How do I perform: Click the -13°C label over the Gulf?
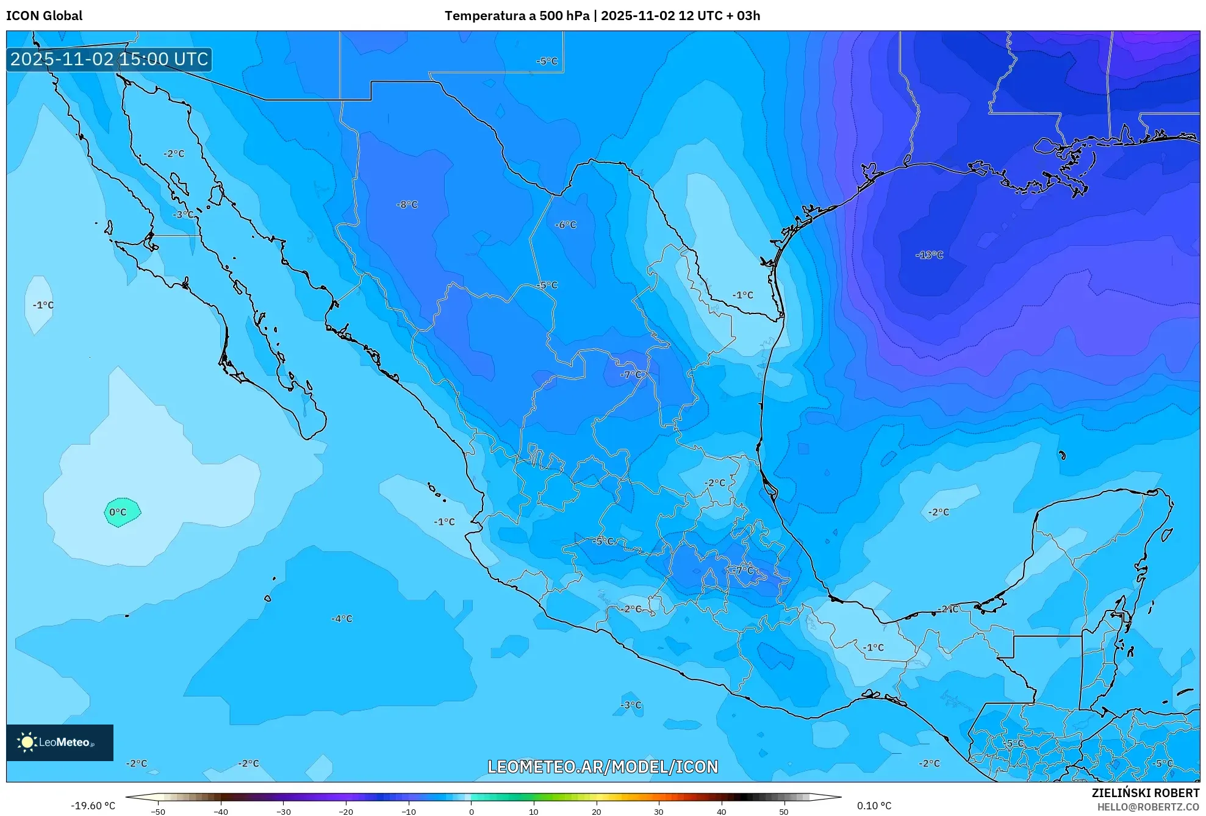pos(929,255)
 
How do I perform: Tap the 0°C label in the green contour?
pos(118,512)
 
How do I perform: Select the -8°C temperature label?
pos(407,205)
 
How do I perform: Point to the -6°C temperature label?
pos(565,225)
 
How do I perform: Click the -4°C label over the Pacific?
pos(342,619)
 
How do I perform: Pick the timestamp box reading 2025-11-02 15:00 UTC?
pos(109,59)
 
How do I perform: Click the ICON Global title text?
pos(44,16)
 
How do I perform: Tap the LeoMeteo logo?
pos(59,742)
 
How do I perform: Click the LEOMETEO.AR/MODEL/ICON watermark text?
pos(603,767)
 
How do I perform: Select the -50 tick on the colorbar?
pos(158,811)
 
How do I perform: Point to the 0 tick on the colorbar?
pos(471,811)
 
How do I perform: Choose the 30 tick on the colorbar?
pos(659,811)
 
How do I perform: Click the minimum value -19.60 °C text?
pos(93,806)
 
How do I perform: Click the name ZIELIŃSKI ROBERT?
pos(1145,793)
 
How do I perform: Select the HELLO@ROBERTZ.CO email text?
pos(1148,807)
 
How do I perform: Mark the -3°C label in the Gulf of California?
pos(183,215)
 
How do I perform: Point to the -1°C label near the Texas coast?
pos(742,295)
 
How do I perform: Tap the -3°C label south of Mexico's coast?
pos(631,705)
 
